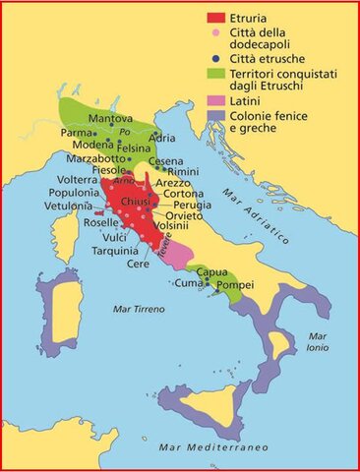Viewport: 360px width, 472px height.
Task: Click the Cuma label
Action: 187,283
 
